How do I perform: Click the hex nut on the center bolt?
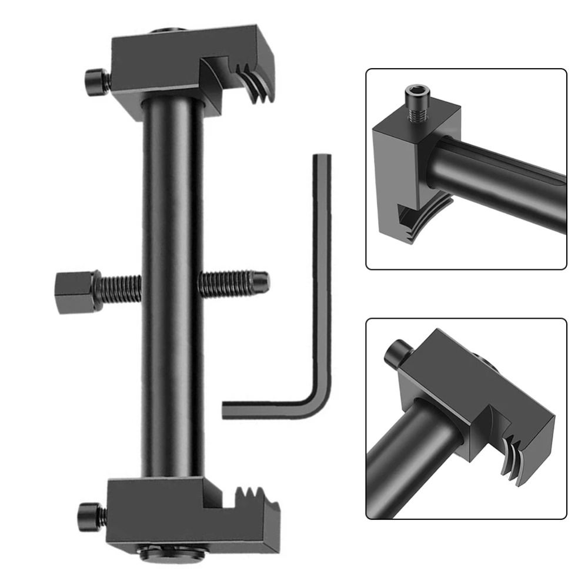coord(75,292)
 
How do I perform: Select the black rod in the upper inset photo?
coord(500,182)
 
